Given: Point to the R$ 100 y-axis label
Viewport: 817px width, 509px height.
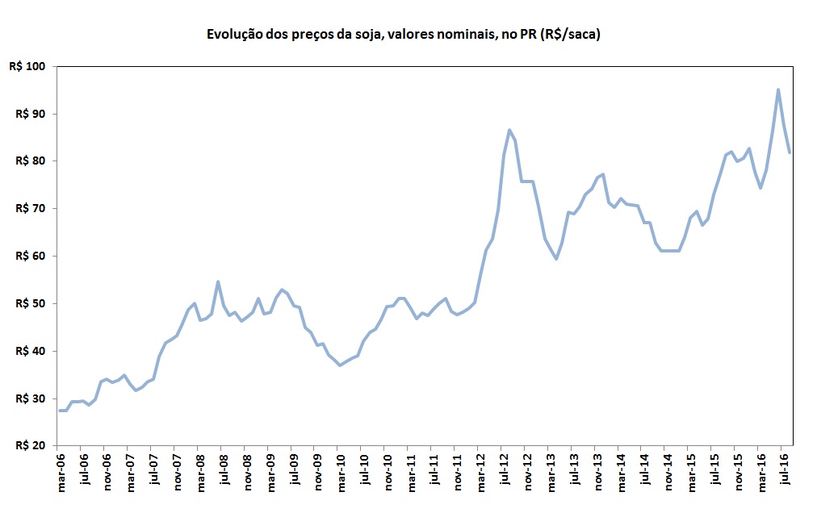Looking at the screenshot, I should (x=27, y=66).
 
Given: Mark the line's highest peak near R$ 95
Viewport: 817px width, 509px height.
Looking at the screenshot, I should (x=778, y=90).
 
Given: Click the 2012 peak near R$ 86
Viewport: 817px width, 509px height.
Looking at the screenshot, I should (x=509, y=130).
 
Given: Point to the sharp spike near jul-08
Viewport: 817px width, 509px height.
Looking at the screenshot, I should (x=218, y=282).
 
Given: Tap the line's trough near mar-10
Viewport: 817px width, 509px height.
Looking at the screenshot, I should (x=340, y=365).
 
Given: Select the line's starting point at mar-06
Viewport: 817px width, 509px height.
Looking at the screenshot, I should (x=59, y=411).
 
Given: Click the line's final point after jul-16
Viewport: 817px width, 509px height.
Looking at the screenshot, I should (x=790, y=152).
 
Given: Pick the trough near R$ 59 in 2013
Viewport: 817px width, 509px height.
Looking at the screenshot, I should (x=556, y=258).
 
